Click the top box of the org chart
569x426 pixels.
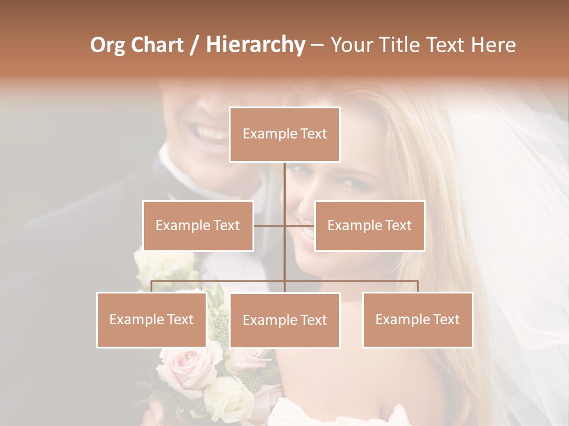tap(284, 134)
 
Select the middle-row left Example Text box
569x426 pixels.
tap(198, 225)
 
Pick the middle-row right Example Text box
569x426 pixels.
tap(369, 225)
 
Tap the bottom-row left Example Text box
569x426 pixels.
tap(152, 319)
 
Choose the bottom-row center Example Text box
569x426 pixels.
tap(284, 320)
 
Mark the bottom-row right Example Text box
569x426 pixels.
tap(417, 319)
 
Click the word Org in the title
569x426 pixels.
tap(108, 45)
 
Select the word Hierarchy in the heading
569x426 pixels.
tap(255, 45)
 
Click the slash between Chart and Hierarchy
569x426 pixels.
tap(194, 45)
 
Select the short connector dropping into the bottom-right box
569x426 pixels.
tap(417, 286)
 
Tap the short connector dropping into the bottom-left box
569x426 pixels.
tap(152, 286)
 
